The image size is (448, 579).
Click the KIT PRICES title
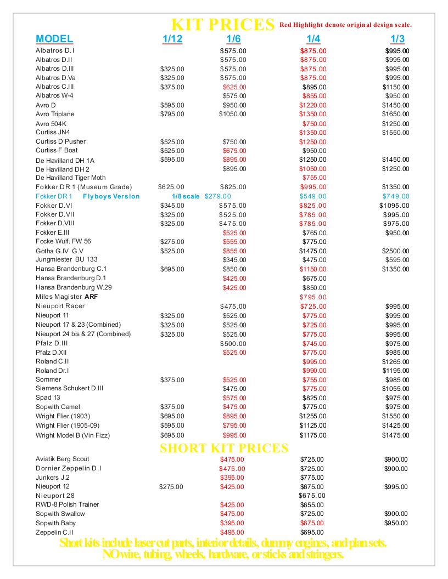pos(223,25)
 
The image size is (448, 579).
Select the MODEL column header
pos(54,39)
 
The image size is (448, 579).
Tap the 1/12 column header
pos(172,39)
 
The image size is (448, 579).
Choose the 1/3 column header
pos(397,39)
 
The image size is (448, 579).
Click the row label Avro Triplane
pos(55,114)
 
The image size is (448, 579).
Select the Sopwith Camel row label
pos(58,407)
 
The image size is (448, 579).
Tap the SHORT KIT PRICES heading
pos(224,449)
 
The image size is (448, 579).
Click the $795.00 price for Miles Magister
pos(313,297)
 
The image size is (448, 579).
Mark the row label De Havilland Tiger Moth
pos(71,178)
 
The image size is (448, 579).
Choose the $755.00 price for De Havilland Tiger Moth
pos(314,178)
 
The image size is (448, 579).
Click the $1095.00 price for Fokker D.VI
pos(394,206)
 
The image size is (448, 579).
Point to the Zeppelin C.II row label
pos(54,532)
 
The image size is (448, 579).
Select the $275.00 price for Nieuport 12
pos(171,487)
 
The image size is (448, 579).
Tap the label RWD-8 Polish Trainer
pos(68,504)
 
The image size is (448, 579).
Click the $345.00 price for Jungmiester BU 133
pos(234,260)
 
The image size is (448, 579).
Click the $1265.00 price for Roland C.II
pos(395,362)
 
